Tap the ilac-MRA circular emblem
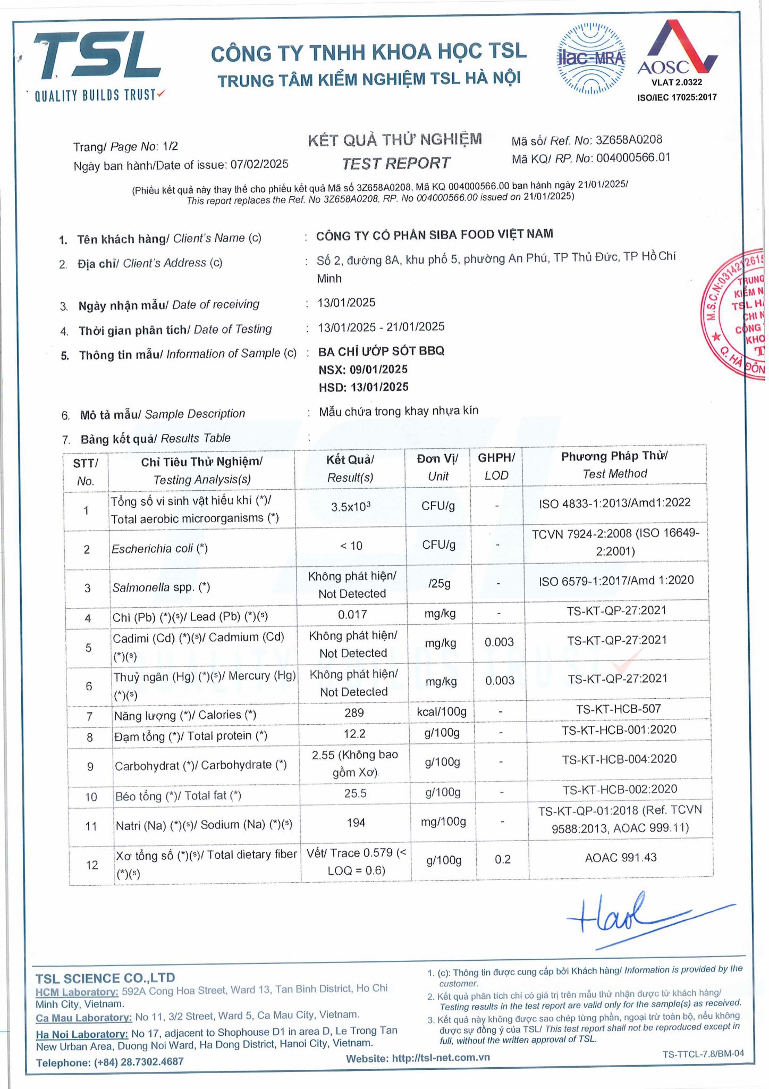(590, 58)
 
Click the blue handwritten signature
(638, 918)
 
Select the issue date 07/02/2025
(259, 164)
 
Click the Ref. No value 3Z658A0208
(629, 140)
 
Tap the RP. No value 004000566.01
(633, 158)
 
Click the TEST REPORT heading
(396, 163)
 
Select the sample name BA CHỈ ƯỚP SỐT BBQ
(381, 351)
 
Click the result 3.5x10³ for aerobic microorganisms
(350, 507)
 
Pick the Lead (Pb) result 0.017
(352, 615)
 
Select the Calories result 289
(354, 713)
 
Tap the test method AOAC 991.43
(621, 858)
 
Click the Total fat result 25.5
(355, 793)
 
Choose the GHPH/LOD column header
(496, 466)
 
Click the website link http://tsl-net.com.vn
(441, 1058)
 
